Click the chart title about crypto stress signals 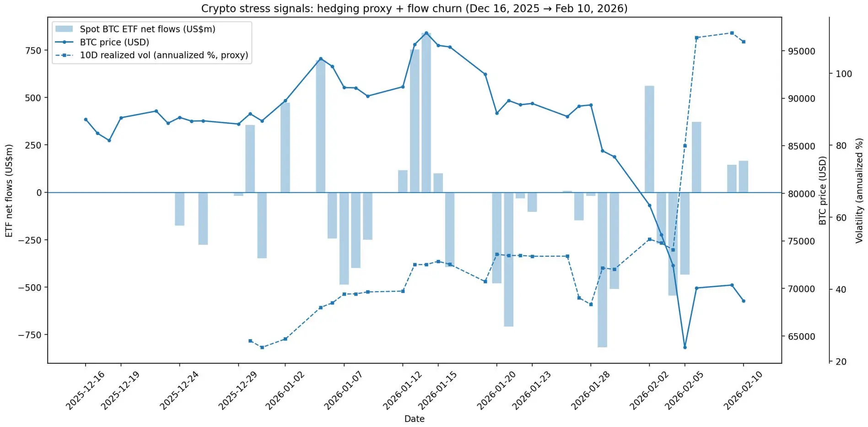point(414,8)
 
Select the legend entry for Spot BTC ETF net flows point(147,29)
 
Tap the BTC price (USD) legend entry point(114,42)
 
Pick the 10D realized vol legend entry point(164,55)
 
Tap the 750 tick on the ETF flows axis point(32,50)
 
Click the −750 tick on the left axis point(30,335)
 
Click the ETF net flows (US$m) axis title point(9,190)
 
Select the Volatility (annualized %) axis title point(859,190)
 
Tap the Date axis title point(414,419)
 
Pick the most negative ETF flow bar point(602,270)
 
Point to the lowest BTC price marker point(685,347)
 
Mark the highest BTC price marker point(426,33)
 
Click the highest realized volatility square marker point(732,33)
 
